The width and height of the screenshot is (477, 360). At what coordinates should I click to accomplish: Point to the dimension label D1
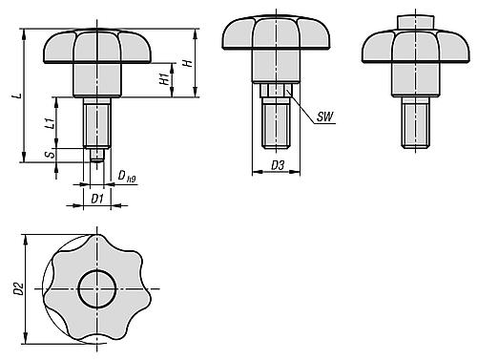click(x=96, y=199)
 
